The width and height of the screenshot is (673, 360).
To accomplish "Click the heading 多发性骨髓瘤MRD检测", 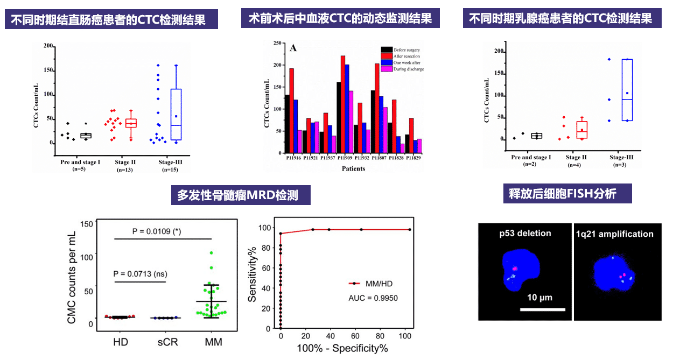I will point(244,194).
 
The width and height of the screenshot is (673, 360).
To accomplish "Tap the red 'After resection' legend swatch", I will point(387,56).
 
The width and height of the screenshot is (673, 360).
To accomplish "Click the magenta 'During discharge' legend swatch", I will point(387,69).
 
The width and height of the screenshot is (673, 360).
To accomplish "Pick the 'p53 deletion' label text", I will point(525,233).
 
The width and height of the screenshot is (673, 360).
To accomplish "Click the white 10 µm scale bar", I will point(543,309).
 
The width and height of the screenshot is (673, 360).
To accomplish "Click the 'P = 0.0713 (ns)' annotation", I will point(140,273).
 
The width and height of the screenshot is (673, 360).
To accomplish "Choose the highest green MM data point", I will point(212,252).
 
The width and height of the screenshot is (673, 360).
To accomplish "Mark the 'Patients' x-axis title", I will point(353,168).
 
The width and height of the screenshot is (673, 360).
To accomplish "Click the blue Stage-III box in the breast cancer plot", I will point(627,90).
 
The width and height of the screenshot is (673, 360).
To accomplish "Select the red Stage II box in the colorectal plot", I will point(131,123).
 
